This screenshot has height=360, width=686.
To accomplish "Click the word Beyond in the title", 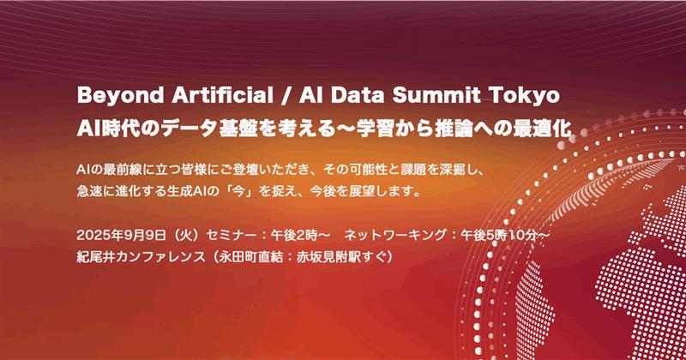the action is (120, 96).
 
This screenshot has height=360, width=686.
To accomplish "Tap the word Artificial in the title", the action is (222, 95).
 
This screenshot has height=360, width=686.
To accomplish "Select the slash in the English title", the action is (286, 96).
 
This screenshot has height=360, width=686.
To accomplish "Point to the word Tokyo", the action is (524, 96).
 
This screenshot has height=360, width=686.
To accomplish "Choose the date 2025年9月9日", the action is (122, 236).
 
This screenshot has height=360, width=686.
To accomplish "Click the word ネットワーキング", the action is (395, 236).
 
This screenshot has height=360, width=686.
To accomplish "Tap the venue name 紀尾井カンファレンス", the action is (141, 257).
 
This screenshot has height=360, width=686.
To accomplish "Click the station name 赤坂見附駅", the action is (329, 257).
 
